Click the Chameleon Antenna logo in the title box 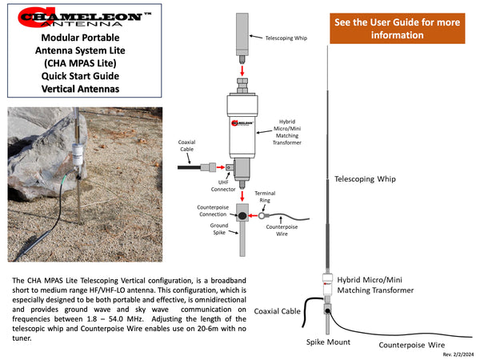pyautogui.click(x=84, y=17)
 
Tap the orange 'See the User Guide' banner pyautogui.click(x=398, y=28)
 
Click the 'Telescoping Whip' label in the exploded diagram pyautogui.click(x=286, y=38)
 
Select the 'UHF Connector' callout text pyautogui.click(x=223, y=186)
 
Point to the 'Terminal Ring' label pyautogui.click(x=265, y=197)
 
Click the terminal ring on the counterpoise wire pyautogui.click(x=262, y=216)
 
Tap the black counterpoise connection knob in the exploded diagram pyautogui.click(x=242, y=216)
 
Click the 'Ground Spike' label pyautogui.click(x=219, y=229)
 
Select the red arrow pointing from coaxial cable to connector pyautogui.click(x=221, y=167)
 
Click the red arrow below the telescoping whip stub pyautogui.click(x=242, y=70)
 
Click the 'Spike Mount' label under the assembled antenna pyautogui.click(x=328, y=342)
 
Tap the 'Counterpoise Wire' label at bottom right pyautogui.click(x=412, y=345)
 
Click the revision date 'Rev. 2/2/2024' pyautogui.click(x=458, y=354)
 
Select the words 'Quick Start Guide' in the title pyautogui.click(x=80, y=76)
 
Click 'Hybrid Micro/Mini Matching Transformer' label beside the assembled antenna pyautogui.click(x=375, y=285)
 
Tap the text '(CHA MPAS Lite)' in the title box pyautogui.click(x=80, y=63)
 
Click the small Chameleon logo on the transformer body pyautogui.click(x=242, y=123)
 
